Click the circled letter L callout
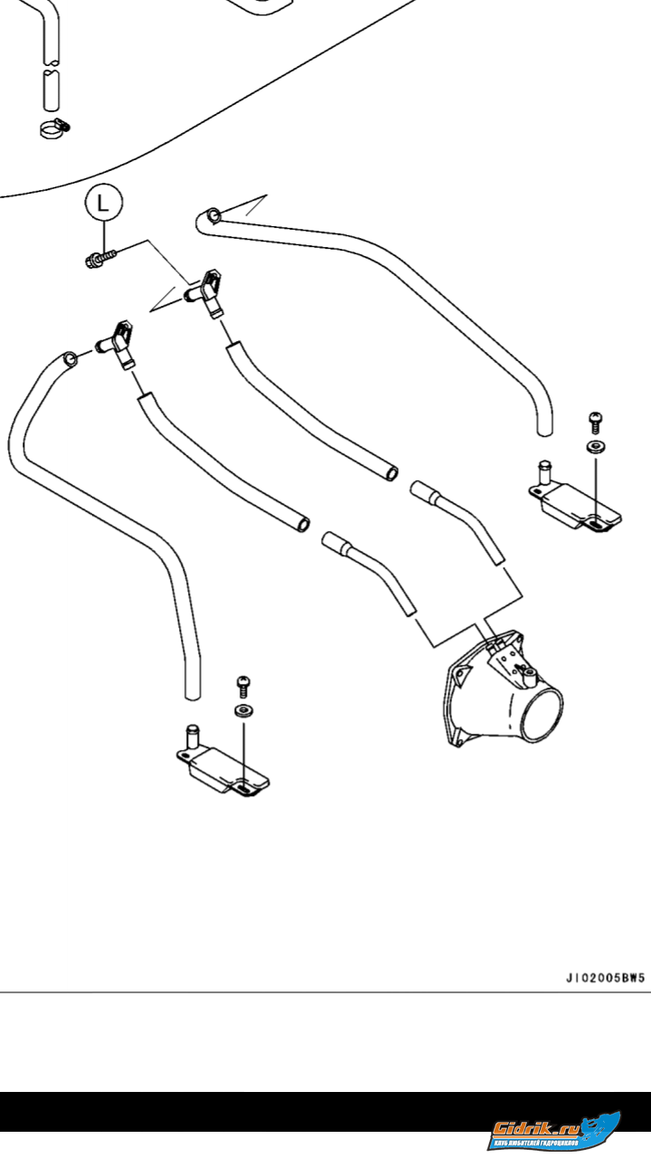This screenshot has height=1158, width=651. (x=104, y=204)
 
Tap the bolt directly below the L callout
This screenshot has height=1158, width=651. (x=99, y=261)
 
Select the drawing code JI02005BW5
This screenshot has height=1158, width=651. (x=605, y=978)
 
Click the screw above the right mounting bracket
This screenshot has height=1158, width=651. (x=595, y=421)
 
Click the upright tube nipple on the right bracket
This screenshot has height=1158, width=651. (x=544, y=473)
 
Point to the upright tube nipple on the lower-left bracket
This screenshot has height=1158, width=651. (x=192, y=735)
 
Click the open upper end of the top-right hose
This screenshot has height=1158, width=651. (x=212, y=215)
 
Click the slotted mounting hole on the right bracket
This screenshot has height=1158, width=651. (x=598, y=522)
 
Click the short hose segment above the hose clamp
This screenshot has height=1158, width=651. (x=52, y=91)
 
